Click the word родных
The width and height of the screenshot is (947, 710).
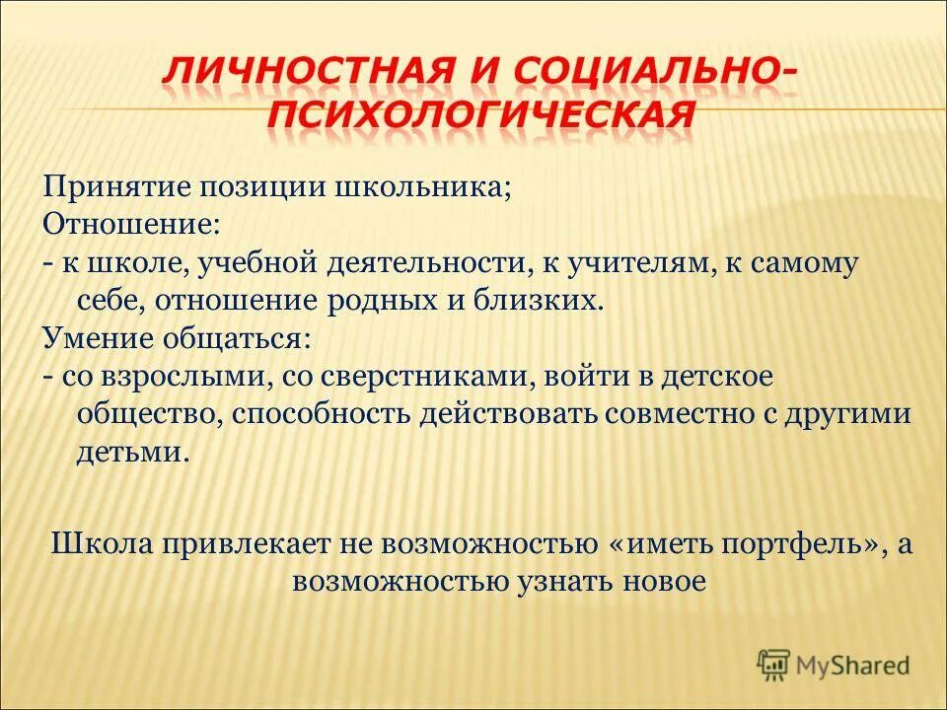(397, 300)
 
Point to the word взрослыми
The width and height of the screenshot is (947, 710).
(182, 377)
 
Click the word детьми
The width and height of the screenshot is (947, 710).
(129, 452)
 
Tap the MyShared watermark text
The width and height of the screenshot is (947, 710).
(853, 666)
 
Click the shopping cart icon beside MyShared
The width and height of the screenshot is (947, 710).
(775, 665)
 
